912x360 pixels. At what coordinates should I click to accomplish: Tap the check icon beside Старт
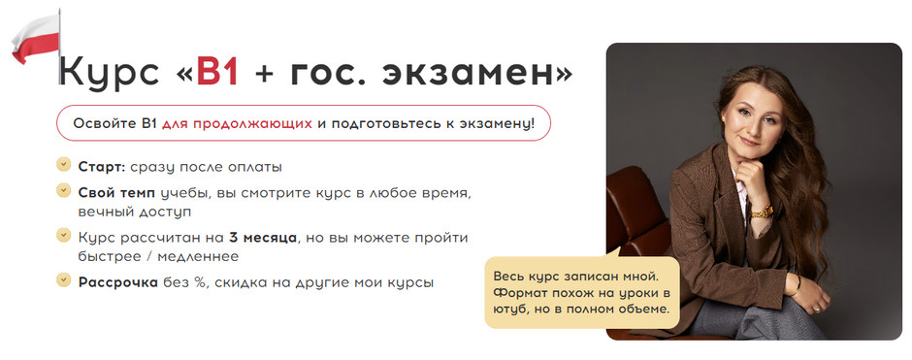coord(64,166)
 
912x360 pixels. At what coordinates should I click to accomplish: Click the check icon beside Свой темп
coord(64,191)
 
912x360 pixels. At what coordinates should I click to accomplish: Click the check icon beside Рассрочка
coord(64,281)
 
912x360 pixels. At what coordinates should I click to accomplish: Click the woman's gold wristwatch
coord(762,211)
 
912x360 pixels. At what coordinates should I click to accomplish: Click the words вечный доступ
coord(135,211)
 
